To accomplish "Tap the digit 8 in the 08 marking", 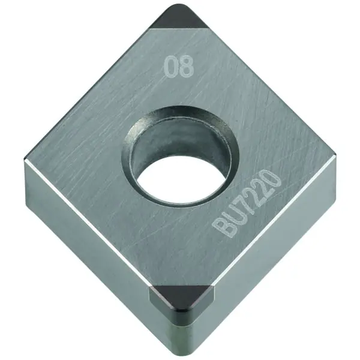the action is coord(185,67).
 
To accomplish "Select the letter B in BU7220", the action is coord(221,227).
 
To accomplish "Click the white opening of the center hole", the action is coord(180,178).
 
